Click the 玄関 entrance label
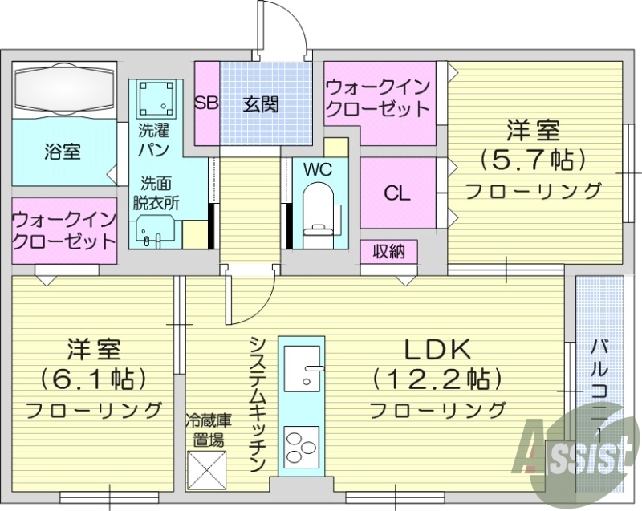coord(261,104)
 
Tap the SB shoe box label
coord(207,103)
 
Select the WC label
coord(317,169)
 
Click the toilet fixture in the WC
coord(319,210)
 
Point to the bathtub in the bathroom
coord(65,87)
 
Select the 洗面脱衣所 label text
coord(156,193)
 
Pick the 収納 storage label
coord(389,252)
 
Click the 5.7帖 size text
coord(531,159)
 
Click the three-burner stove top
coord(302,446)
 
